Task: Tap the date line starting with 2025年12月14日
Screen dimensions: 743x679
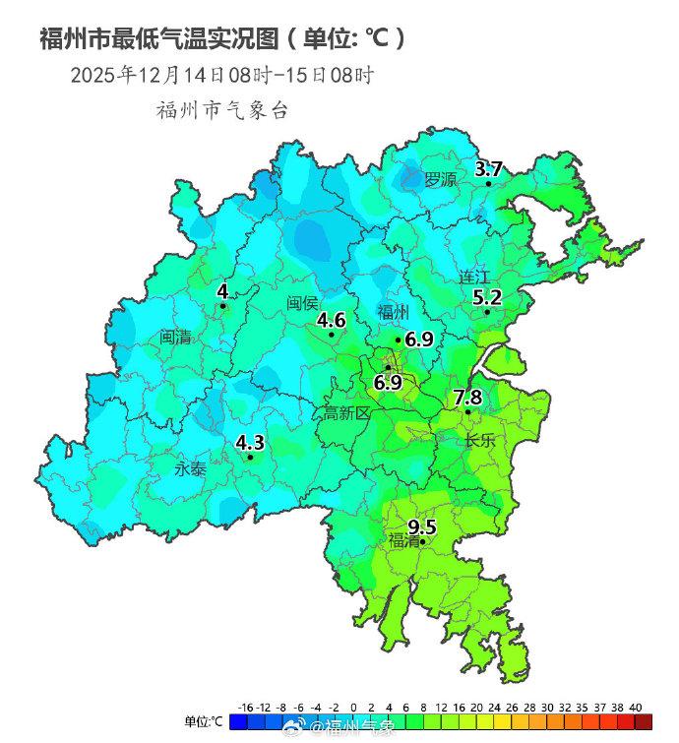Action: pyautogui.click(x=221, y=75)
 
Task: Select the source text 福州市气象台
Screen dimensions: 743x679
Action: pyautogui.click(x=221, y=109)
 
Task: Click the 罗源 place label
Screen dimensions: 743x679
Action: pyautogui.click(x=440, y=180)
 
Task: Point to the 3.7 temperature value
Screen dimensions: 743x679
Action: pyautogui.click(x=489, y=168)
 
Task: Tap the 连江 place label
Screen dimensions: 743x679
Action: pyautogui.click(x=474, y=278)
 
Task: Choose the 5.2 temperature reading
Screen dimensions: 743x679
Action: pyautogui.click(x=487, y=296)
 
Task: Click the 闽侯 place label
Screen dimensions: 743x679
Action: pyautogui.click(x=302, y=302)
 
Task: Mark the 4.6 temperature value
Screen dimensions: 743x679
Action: pyautogui.click(x=331, y=320)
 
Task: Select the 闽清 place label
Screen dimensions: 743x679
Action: pyautogui.click(x=176, y=337)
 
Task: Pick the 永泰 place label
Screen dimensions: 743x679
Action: pyautogui.click(x=190, y=469)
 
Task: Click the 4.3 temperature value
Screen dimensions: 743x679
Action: pyautogui.click(x=250, y=442)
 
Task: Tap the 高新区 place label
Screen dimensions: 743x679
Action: pyautogui.click(x=346, y=414)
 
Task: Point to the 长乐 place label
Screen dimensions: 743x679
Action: pyautogui.click(x=480, y=442)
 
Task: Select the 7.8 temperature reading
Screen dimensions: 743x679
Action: pyautogui.click(x=467, y=398)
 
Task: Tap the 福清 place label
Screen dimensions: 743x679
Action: pyautogui.click(x=403, y=541)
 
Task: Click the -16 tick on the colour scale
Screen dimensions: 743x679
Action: pyautogui.click(x=246, y=707)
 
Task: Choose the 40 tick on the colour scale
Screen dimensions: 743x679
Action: pyautogui.click(x=635, y=707)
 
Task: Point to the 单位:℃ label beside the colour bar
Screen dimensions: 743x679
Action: pyautogui.click(x=204, y=722)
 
